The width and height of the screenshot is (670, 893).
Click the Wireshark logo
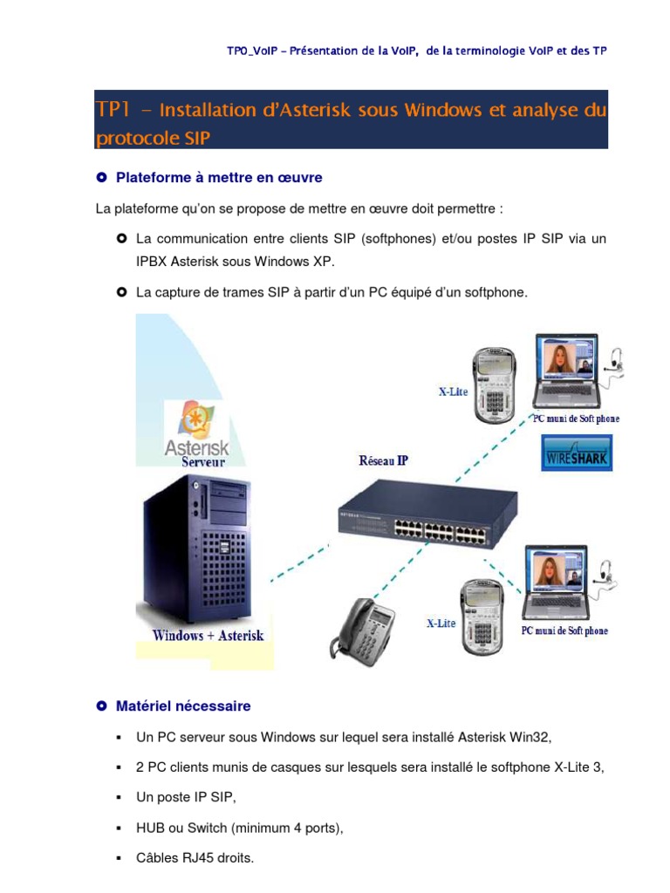click(577, 454)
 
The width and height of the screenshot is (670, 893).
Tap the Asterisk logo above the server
click(196, 426)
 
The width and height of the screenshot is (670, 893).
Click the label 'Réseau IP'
click(383, 461)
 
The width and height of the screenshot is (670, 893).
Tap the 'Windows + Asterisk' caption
click(208, 636)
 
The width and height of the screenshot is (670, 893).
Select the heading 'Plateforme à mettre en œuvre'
click(219, 178)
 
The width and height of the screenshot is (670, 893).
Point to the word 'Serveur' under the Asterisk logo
click(203, 462)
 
